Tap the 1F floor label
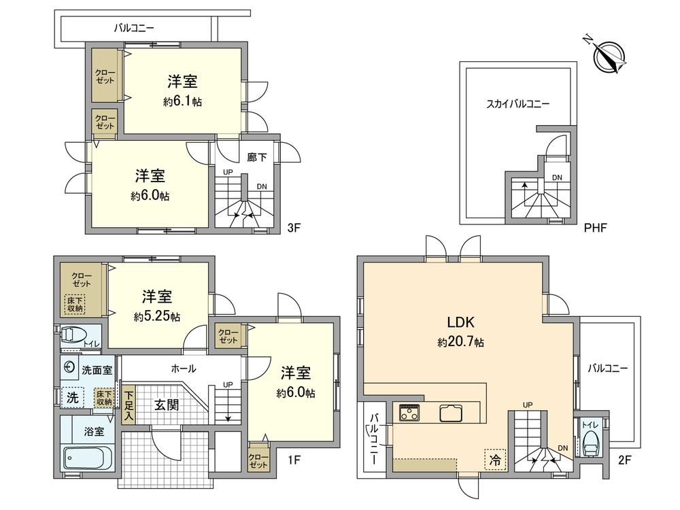[293, 460]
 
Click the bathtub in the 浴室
[88, 458]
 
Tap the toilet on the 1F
[72, 335]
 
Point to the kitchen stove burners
[411, 412]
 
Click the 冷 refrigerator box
[495, 459]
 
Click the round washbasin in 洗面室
[69, 367]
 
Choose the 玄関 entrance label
[167, 405]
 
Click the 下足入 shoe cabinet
[129, 406]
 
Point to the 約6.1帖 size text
[182, 101]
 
